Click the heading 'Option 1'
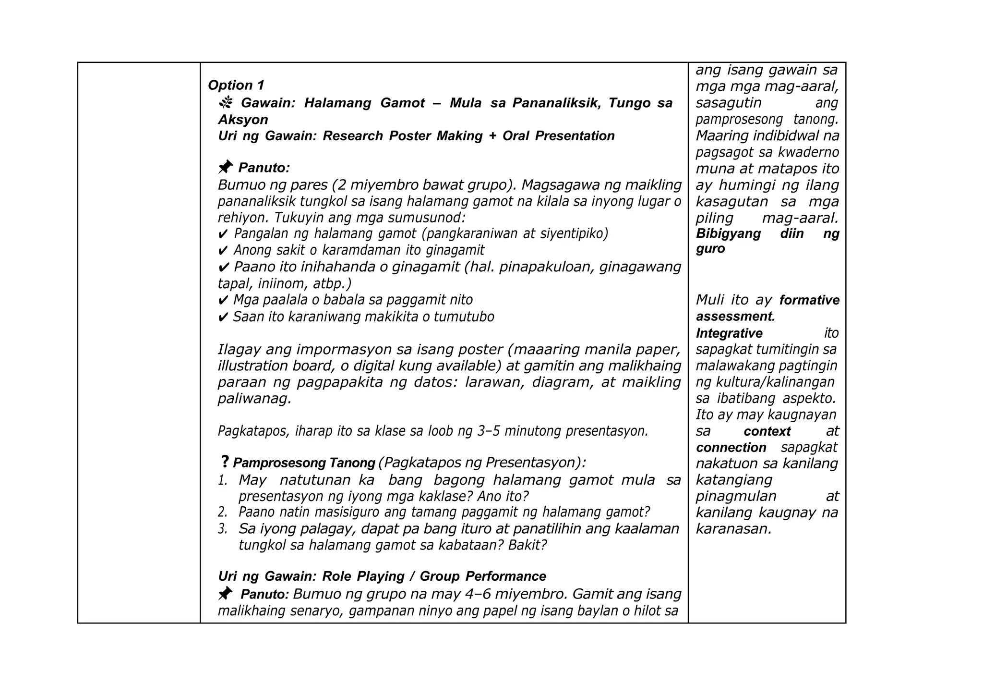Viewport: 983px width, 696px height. click(x=236, y=85)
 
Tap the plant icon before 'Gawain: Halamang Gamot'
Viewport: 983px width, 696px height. click(x=226, y=102)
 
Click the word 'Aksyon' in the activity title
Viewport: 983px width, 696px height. click(x=243, y=120)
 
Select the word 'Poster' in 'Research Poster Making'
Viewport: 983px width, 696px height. click(x=409, y=136)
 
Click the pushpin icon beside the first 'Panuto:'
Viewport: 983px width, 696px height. click(x=225, y=167)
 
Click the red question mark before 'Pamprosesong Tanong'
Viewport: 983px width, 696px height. click(x=224, y=462)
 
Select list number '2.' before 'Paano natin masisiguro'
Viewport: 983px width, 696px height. click(x=222, y=513)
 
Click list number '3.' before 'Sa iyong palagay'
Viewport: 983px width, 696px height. click(x=222, y=529)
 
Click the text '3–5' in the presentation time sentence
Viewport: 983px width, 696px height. click(x=489, y=431)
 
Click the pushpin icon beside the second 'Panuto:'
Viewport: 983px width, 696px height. click(x=225, y=594)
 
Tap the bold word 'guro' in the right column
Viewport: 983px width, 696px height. click(x=710, y=249)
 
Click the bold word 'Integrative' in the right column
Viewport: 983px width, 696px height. click(x=729, y=333)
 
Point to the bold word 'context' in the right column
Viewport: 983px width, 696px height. click(x=767, y=431)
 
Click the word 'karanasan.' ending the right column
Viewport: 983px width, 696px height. click(x=733, y=529)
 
